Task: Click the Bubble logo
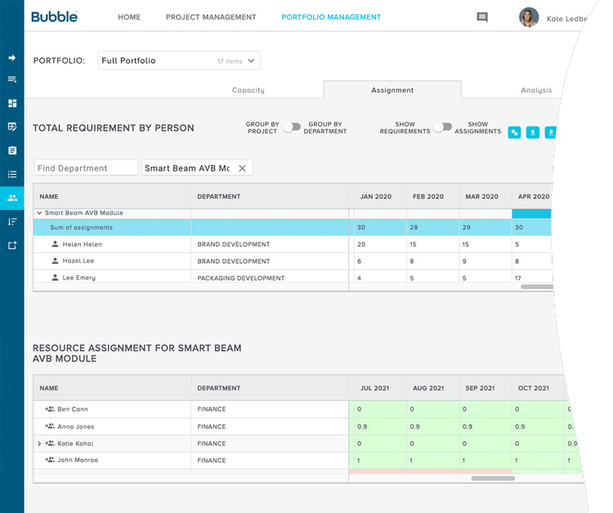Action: coord(55,17)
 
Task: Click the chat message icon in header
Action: coord(482,17)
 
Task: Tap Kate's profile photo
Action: coord(529,17)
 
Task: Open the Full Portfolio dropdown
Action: coord(179,60)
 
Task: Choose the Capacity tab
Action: coord(248,91)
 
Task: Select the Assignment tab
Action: coord(392,91)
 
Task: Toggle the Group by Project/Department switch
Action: coord(292,127)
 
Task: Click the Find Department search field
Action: coord(86,168)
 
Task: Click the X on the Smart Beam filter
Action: coord(242,168)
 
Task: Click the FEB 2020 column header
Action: coord(428,197)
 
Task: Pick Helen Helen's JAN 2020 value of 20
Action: coord(361,244)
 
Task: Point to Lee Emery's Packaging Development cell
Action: coord(241,278)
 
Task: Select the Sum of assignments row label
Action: coord(82,228)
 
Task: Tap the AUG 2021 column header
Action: coord(428,389)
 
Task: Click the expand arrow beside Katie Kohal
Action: coord(39,444)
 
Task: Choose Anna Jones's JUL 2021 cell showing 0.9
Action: coord(364,426)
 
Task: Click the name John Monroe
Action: coord(78,461)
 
